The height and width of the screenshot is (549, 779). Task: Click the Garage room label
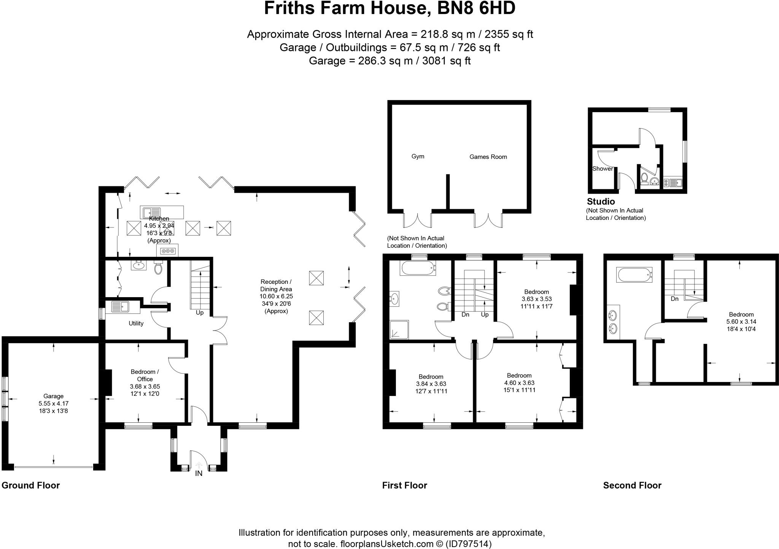click(x=53, y=396)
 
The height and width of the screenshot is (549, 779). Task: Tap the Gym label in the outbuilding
click(x=418, y=156)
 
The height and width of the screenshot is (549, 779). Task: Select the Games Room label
click(x=488, y=157)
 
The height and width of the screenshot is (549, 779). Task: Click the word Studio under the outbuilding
click(x=601, y=202)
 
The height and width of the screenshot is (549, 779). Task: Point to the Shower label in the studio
click(x=603, y=169)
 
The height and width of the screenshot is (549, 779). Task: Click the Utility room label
click(x=136, y=323)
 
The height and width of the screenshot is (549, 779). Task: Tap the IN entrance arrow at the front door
click(x=199, y=465)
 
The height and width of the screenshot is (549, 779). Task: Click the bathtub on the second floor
click(x=634, y=275)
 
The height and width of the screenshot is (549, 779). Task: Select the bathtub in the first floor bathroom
click(x=418, y=268)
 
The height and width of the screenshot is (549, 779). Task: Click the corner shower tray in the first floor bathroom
click(x=399, y=329)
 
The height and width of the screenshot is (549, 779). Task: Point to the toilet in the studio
click(x=644, y=177)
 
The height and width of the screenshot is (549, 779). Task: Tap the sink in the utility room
click(x=120, y=307)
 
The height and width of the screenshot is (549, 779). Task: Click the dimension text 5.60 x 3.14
click(x=741, y=321)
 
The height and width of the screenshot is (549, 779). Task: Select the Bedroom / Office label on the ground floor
click(x=145, y=375)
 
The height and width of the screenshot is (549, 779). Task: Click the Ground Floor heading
click(x=31, y=485)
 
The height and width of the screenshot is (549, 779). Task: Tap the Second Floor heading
click(x=632, y=485)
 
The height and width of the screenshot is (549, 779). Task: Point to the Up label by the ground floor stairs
click(x=200, y=313)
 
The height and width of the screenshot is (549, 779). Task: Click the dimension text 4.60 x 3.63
click(x=519, y=383)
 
